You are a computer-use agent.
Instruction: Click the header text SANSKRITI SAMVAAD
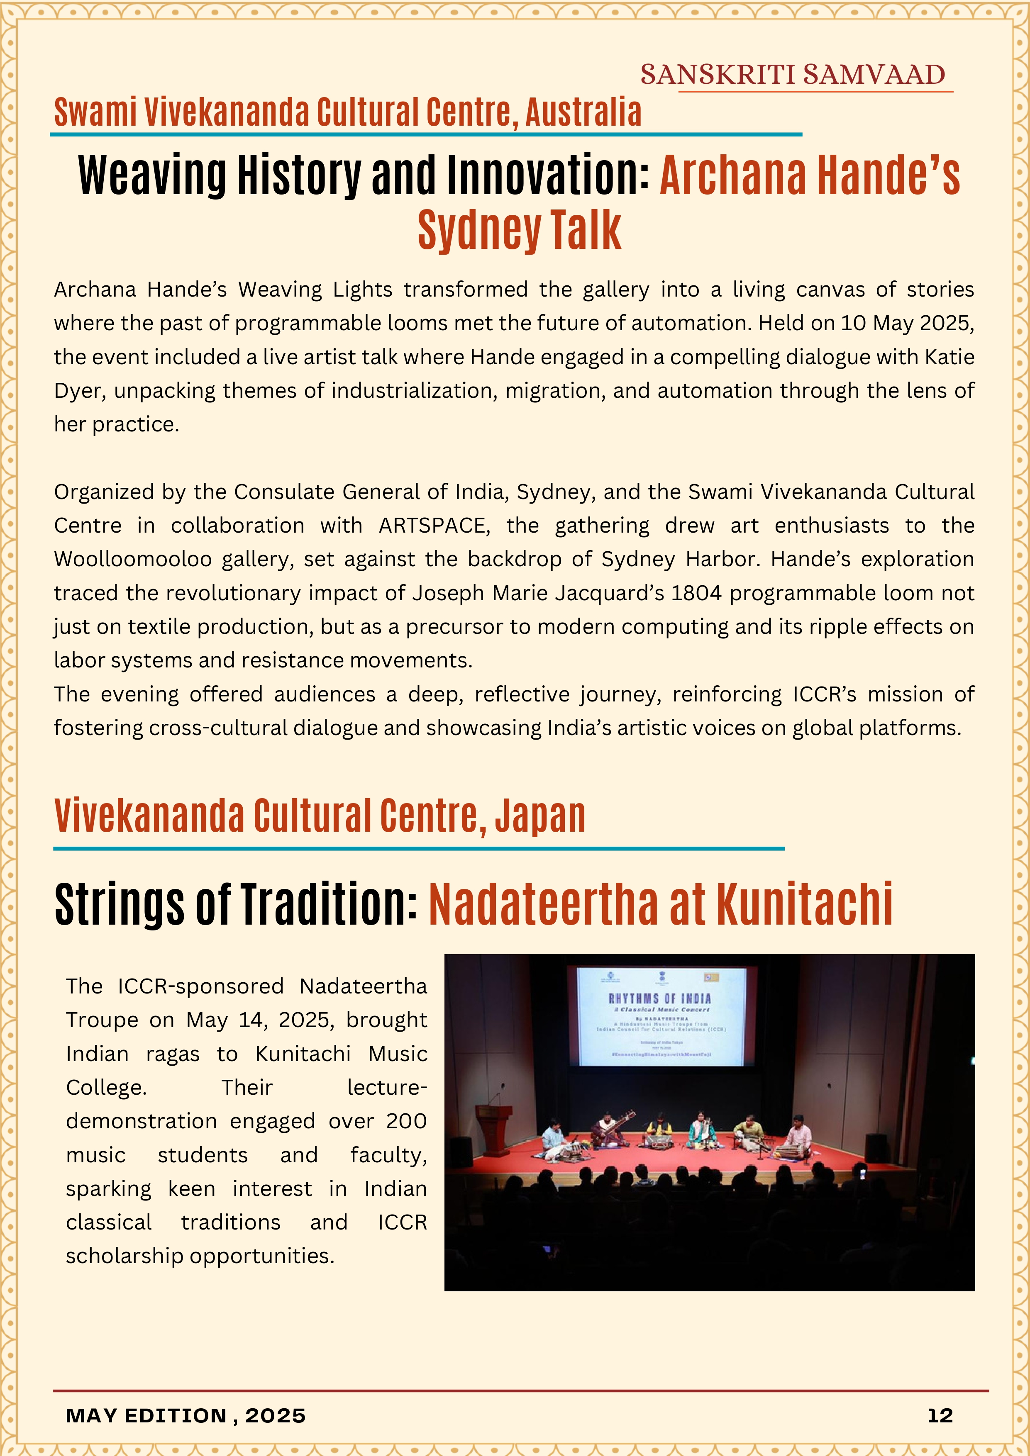(x=792, y=75)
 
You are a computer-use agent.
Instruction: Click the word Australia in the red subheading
(x=583, y=113)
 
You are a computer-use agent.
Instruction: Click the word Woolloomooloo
(x=132, y=559)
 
